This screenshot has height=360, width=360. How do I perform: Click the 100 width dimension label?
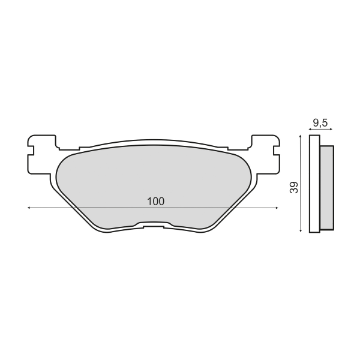(155, 202)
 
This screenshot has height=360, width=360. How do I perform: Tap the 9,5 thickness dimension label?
(320, 123)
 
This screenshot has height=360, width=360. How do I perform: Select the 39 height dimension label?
(293, 187)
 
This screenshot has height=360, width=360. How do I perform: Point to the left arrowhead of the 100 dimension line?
(29, 208)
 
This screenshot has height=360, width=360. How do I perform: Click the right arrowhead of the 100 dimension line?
(277, 208)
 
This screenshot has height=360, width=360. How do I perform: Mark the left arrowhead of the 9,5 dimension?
(310, 129)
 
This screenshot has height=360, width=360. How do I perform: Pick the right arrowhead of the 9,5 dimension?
(332, 129)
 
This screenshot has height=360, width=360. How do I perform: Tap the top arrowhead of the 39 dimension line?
(300, 137)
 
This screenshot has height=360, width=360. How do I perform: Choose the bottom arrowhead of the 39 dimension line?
(300, 231)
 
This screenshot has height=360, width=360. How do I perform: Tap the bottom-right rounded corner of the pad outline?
(210, 229)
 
